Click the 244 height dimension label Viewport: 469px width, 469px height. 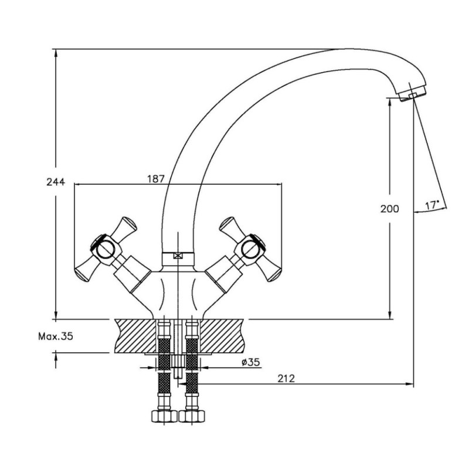(x=56, y=182)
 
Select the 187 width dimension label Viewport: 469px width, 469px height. (x=156, y=179)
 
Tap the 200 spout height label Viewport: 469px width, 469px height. (x=389, y=209)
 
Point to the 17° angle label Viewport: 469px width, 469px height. (x=432, y=205)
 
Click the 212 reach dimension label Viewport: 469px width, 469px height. (x=286, y=378)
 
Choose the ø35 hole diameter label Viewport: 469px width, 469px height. (x=251, y=362)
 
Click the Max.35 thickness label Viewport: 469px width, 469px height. (x=56, y=337)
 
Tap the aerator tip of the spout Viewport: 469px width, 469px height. (x=413, y=95)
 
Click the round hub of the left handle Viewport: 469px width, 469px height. (x=105, y=249)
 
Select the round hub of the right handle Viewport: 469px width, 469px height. (x=251, y=249)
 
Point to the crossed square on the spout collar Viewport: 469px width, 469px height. (x=178, y=256)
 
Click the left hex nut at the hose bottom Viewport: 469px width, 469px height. (x=164, y=416)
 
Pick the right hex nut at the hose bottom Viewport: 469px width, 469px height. (x=192, y=416)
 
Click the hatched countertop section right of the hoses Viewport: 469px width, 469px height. (x=222, y=336)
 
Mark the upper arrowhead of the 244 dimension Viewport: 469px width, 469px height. (x=56, y=54)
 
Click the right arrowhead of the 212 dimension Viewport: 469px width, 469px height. (x=409, y=384)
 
